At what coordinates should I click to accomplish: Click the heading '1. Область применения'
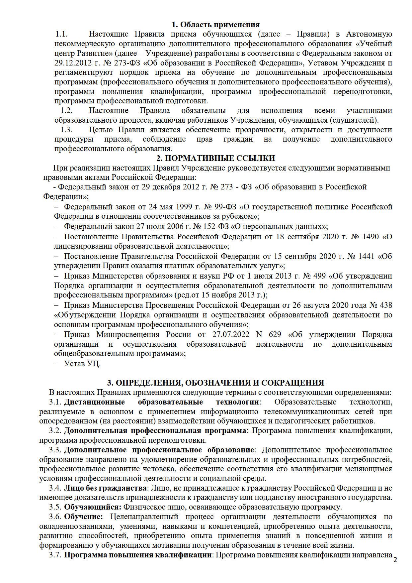coord(215,25)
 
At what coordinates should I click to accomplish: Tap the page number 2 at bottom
coord(395,560)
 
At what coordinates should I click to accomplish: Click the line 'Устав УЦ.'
coord(82,364)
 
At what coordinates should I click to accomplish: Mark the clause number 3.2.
coord(55,431)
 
